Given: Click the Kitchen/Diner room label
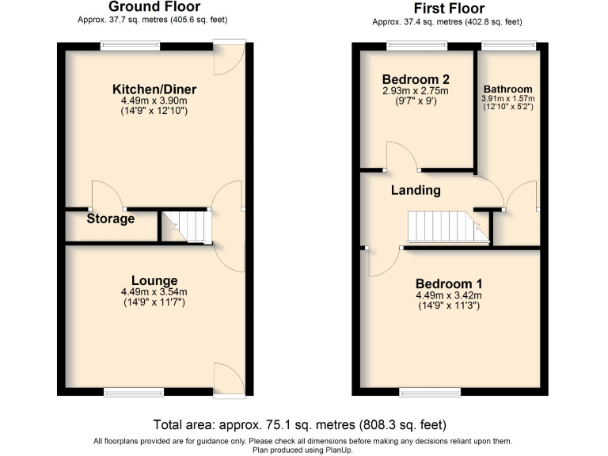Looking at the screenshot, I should point(154,89).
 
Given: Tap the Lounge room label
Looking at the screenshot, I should point(154,280).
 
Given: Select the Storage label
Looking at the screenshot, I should point(110,218).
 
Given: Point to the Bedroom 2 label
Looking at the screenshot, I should point(416,79).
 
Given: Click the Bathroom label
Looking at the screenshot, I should point(508,89).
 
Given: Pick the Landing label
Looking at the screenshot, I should point(415,190).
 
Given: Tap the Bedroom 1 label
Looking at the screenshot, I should point(449,284).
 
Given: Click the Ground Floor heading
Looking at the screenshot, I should point(154,7).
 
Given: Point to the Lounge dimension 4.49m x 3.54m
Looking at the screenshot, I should point(154,291).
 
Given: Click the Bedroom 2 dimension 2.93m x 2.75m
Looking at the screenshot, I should point(416,91).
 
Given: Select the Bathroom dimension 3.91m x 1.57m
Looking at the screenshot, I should point(508,99).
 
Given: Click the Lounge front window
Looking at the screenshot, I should point(134,391).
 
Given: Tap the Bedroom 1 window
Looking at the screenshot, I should point(430,391).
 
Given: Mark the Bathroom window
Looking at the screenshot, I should point(509,46).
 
